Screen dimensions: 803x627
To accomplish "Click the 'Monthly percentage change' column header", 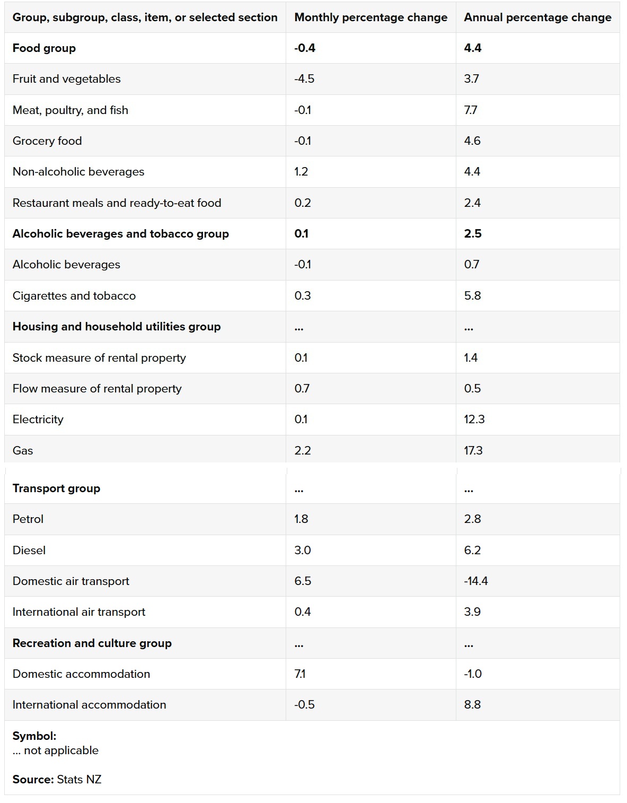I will point(370,18).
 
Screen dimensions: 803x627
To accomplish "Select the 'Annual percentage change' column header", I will point(537,18).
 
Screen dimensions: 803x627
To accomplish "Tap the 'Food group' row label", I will point(44,48).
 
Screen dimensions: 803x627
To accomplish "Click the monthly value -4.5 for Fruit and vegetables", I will point(304,79).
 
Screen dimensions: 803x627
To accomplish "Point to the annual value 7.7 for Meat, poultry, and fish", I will point(471,110).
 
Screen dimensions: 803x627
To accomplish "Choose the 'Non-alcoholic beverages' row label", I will point(78,172).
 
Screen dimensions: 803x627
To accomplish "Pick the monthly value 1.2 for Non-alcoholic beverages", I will point(301,172).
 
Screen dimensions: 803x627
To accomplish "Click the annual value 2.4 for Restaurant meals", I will point(472,203).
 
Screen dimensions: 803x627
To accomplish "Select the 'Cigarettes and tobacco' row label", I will point(74,296).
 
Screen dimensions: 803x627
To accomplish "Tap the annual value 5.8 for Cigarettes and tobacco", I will point(472,296).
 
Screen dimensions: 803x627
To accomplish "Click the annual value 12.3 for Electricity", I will point(474,420).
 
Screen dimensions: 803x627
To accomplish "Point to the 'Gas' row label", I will point(23,451).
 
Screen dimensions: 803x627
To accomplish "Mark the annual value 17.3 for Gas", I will point(473,451).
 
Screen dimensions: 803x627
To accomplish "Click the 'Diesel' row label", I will point(29,551).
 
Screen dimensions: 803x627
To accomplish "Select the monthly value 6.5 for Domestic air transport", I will point(303,581).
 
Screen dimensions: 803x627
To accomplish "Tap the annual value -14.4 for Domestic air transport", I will point(476,581).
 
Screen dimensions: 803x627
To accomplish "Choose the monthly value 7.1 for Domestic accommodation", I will point(300,674).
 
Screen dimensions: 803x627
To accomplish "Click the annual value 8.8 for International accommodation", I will point(472,705).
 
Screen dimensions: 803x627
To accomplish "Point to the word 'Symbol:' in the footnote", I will point(34,736).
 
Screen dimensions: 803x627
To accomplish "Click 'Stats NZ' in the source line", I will point(79,780).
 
